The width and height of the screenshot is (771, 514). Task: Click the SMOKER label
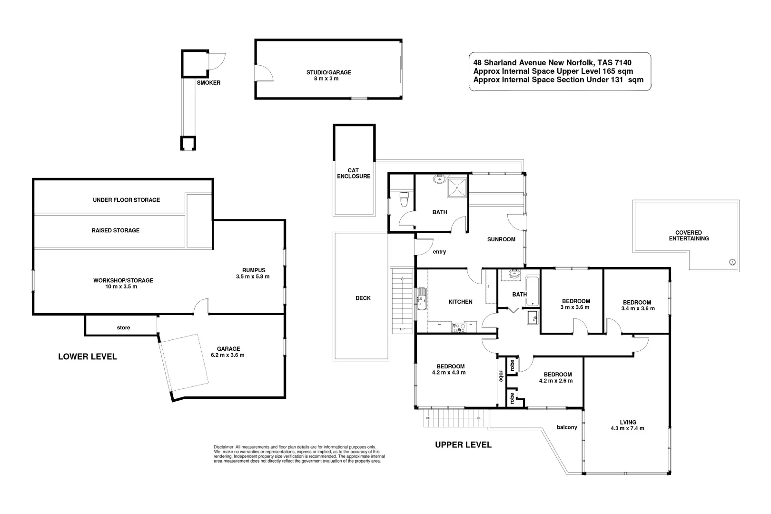point(208,83)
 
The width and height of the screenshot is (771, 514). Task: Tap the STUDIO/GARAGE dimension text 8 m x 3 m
point(326,79)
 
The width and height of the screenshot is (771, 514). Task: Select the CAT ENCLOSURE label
point(354,173)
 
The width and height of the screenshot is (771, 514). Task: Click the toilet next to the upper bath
point(404,199)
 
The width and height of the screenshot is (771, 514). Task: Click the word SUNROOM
point(501,239)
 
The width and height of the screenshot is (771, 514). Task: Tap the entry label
point(439,252)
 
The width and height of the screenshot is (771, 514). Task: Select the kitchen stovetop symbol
point(459,327)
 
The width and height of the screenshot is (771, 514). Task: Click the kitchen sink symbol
point(422,299)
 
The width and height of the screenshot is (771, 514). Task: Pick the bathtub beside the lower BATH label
point(532,291)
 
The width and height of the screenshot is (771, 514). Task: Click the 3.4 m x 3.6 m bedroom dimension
point(638,308)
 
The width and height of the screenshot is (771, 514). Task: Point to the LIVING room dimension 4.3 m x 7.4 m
point(627,428)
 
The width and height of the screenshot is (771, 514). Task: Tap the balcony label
point(567,427)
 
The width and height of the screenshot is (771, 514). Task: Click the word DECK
point(363,298)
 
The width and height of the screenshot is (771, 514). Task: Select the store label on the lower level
point(123,327)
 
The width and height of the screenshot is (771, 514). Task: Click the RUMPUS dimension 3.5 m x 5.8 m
point(253,277)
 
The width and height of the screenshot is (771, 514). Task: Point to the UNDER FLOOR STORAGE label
point(126,200)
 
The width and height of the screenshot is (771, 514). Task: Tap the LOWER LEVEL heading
point(88,356)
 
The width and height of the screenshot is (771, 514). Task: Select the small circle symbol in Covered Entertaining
point(732,262)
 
